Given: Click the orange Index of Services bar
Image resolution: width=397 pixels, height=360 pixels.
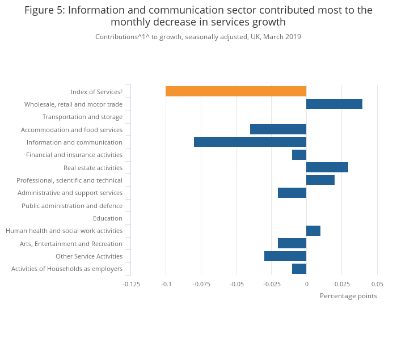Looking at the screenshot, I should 236,91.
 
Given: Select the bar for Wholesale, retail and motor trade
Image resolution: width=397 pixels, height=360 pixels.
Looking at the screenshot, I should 334,104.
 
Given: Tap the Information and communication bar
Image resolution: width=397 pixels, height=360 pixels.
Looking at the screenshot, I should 250,142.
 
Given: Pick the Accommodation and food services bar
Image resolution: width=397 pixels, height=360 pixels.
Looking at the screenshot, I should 278,129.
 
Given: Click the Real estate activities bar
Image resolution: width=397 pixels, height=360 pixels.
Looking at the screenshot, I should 327,167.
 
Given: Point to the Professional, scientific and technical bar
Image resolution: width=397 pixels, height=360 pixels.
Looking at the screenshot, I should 320,180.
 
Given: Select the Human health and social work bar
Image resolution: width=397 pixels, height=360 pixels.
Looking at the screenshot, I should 313,231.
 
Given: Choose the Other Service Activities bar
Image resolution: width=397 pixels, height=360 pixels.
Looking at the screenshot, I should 285,256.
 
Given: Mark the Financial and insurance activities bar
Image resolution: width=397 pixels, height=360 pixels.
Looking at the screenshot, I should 299,155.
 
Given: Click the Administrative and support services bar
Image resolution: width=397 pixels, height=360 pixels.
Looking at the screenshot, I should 292,193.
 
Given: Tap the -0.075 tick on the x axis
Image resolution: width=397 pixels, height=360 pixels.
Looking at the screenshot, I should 201,283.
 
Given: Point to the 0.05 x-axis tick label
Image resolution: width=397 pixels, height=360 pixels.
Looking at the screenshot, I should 377,283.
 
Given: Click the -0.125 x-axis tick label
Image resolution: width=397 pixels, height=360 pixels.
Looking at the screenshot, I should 131,283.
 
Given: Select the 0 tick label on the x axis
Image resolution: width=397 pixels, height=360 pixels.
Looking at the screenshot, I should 306,283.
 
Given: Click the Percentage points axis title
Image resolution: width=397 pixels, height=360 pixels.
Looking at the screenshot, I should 348,296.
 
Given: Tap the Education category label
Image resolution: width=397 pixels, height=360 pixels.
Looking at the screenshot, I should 108,218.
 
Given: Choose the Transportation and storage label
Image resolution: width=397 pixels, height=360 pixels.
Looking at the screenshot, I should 82,117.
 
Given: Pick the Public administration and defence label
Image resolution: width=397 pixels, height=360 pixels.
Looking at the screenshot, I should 72,206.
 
